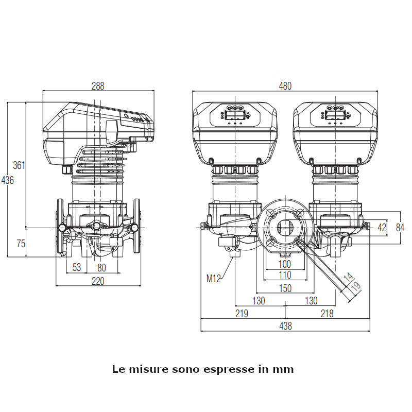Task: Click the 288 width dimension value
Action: [98, 86]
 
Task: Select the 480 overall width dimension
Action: [285, 86]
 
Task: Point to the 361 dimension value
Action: [19, 165]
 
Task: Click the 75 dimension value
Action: [21, 244]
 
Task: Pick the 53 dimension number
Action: [77, 267]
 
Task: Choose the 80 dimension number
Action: [101, 267]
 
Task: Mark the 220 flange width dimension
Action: [98, 281]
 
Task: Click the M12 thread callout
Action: [214, 279]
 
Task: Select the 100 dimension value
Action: [284, 265]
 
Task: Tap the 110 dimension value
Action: [284, 276]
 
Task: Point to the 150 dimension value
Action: [285, 288]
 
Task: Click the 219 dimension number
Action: [242, 313]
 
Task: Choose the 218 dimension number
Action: [327, 313]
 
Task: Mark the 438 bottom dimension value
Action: [285, 325]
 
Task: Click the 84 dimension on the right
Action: [401, 227]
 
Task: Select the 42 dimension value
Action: [382, 227]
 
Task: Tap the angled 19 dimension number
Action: [355, 287]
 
